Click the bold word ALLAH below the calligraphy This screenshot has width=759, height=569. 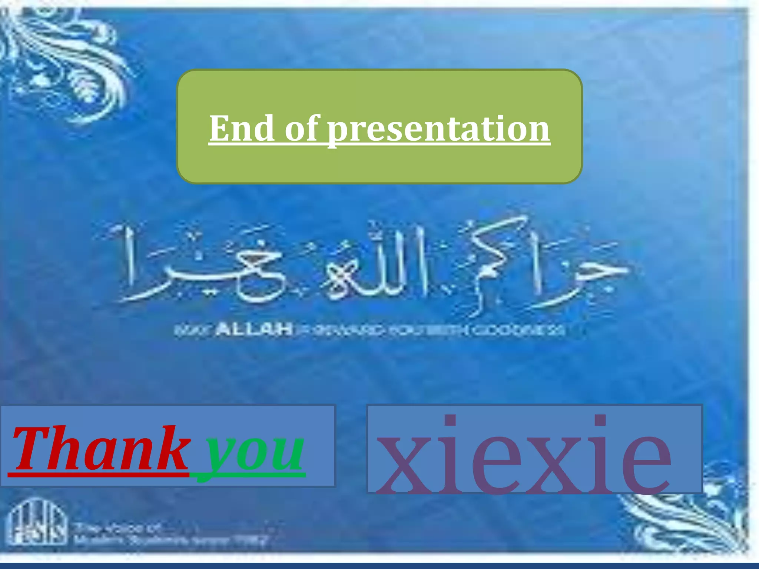254,329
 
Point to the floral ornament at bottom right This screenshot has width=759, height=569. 697,519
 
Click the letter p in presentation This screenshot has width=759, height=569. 339,132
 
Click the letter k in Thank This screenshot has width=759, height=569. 172,448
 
